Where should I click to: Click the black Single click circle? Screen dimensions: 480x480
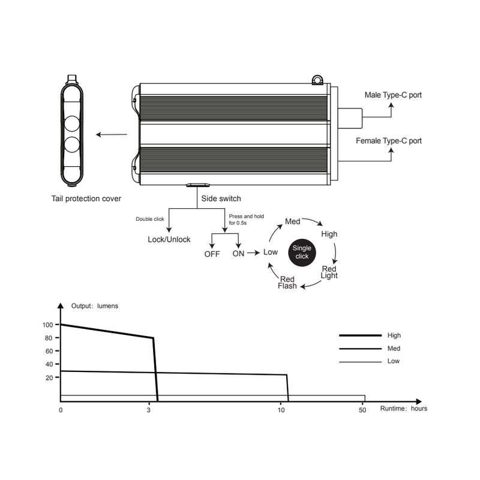tap(302, 253)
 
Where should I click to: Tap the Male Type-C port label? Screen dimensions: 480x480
tap(393, 95)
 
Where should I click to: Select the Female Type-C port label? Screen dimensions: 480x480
tap(388, 141)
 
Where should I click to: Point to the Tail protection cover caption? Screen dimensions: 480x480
tap(86, 199)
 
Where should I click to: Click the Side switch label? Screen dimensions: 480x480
tap(221, 199)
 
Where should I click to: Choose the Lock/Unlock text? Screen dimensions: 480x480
tap(169, 239)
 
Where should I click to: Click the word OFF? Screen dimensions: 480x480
tap(212, 254)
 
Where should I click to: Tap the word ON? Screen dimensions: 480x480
tap(238, 254)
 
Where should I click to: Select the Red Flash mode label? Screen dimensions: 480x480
tap(287, 283)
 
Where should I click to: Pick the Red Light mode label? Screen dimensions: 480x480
tap(329, 272)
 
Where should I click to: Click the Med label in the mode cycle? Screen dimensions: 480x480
tap(293, 221)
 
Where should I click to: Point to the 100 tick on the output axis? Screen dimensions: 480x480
tap(48, 325)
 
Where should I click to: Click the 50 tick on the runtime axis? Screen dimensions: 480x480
tap(362, 410)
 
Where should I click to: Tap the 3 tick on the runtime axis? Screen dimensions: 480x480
tap(149, 410)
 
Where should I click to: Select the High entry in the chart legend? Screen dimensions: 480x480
tap(394, 335)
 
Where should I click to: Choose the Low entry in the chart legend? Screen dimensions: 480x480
tap(394, 361)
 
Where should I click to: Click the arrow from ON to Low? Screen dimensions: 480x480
tap(253, 253)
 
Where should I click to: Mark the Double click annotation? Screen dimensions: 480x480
tap(150, 219)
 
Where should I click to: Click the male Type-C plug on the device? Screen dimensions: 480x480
tap(350, 118)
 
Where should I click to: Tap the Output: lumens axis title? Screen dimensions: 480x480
tap(95, 306)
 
